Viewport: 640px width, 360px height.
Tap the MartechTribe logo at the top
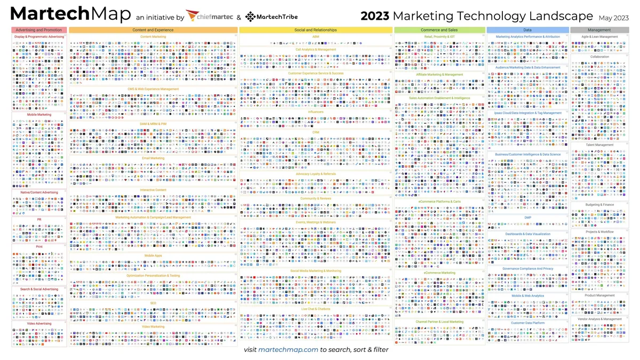coord(271,17)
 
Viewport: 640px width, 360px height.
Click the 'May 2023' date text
coord(613,18)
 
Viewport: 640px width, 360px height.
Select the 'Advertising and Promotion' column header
coord(39,30)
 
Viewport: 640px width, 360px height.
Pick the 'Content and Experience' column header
coord(153,30)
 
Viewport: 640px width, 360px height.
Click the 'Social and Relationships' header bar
coord(316,30)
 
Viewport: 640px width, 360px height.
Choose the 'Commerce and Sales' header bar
coord(439,30)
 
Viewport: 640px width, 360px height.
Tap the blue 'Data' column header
coord(527,30)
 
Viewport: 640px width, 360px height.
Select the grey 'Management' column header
coord(599,30)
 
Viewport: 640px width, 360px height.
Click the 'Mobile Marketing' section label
coord(39,115)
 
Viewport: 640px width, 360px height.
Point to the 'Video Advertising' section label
coord(39,324)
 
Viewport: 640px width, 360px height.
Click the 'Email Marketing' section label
coord(153,158)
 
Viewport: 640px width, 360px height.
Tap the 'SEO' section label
coord(153,303)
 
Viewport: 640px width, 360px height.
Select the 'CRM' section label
coord(316,132)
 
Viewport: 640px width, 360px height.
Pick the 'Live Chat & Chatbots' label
coord(316,309)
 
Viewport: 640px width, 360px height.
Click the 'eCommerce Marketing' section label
coord(439,273)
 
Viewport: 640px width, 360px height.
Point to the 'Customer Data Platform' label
coord(527,323)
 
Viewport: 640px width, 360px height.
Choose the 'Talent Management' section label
coord(599,145)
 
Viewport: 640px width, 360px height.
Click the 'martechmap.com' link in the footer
coord(288,350)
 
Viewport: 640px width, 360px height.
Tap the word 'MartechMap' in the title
coord(70,14)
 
